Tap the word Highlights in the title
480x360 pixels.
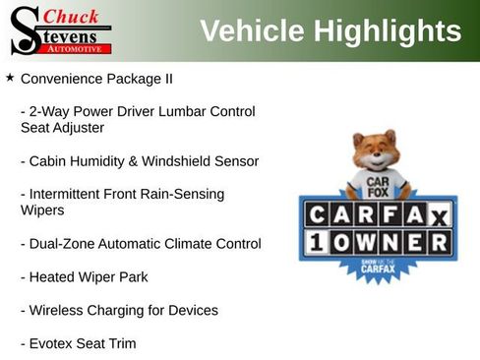pos(388,30)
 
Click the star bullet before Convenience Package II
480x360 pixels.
pos(10,77)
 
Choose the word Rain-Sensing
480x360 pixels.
pos(179,194)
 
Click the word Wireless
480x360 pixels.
pos(58,310)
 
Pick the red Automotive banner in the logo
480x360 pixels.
pos(78,47)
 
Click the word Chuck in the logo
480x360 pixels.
pos(72,15)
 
